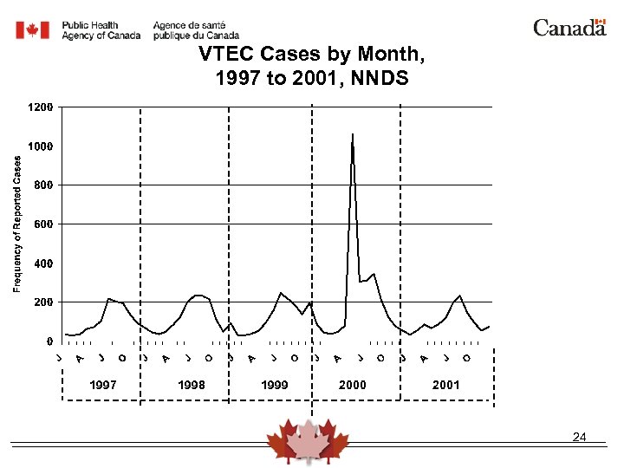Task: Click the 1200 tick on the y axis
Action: click(x=40, y=107)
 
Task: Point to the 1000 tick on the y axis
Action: click(x=40, y=146)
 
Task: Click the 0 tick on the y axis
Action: click(x=49, y=341)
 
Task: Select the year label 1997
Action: click(x=104, y=385)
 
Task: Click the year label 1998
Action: click(x=191, y=385)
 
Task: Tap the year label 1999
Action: click(x=275, y=385)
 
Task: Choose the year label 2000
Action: click(x=352, y=385)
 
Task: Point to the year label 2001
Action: click(x=445, y=385)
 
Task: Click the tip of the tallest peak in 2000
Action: click(x=353, y=134)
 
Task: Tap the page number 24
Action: click(x=580, y=438)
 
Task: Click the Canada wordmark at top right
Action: click(x=569, y=28)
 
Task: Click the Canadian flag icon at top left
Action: click(x=34, y=30)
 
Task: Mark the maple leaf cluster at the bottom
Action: click(x=308, y=442)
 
